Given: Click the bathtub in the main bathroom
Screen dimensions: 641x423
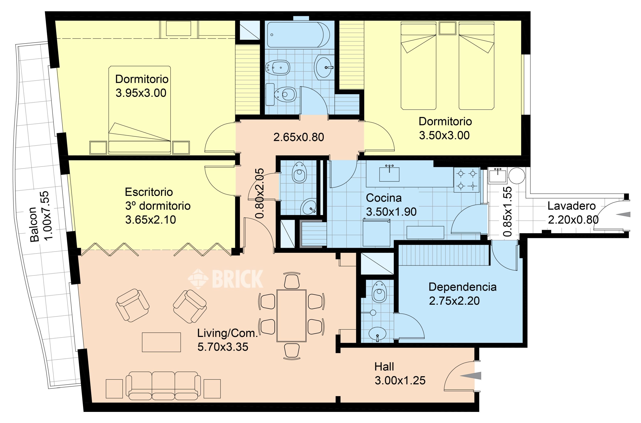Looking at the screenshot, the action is point(298,35).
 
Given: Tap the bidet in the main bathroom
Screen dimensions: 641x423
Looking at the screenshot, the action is point(278,67).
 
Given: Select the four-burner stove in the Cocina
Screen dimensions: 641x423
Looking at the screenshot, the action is point(467,180).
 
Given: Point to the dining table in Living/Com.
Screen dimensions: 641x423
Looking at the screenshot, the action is point(291,316).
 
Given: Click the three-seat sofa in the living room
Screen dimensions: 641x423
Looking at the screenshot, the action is point(163,386).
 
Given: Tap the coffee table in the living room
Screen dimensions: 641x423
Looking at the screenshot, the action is point(161,342).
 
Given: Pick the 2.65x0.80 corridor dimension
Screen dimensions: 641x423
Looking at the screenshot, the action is point(298,137).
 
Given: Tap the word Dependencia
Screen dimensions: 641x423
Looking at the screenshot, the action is point(462,287).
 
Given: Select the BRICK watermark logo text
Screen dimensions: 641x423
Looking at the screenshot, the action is point(238,279).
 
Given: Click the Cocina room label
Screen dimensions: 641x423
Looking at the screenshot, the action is point(384,198).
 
